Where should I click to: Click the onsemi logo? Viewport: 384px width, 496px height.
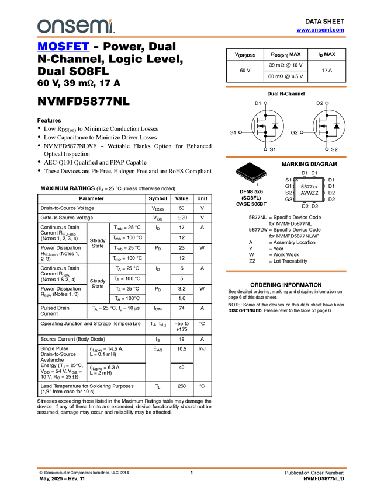point(75,26)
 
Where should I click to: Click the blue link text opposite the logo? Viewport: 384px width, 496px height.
point(320,30)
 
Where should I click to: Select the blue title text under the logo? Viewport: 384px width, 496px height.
point(63,46)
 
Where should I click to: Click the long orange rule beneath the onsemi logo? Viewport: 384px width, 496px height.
point(192,37)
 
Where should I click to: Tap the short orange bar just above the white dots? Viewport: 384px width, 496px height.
point(286,87)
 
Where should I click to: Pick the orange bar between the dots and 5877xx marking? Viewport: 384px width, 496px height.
point(286,157)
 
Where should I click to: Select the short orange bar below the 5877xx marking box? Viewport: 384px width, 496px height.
point(286,271)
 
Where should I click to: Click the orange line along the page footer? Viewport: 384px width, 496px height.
point(192,468)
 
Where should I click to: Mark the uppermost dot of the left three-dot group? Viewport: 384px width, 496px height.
point(265,103)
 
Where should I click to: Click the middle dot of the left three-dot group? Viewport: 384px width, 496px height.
point(240,132)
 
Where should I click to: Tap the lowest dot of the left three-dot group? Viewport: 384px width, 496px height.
point(265,149)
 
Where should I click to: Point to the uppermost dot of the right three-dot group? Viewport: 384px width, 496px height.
point(327,103)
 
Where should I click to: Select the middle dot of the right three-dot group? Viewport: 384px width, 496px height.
point(302,132)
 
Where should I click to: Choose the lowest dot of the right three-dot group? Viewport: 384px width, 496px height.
point(327,149)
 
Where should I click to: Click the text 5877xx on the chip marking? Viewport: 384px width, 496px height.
point(309,187)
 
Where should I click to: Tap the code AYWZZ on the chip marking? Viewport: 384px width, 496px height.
point(309,193)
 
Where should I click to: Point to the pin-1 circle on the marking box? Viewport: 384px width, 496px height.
point(297,181)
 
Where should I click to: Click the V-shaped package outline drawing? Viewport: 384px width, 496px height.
point(251,176)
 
